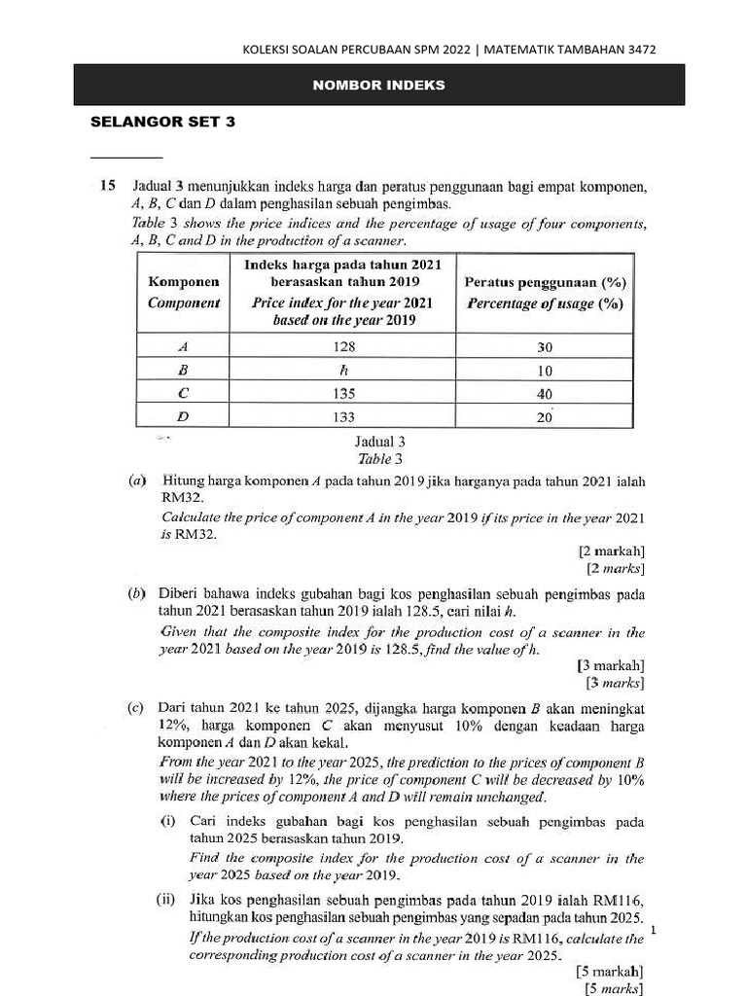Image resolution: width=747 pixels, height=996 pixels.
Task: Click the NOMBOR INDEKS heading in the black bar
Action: click(x=378, y=86)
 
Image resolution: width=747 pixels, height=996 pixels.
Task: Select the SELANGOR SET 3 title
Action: click(x=162, y=123)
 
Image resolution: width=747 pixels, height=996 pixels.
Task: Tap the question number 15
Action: click(x=107, y=184)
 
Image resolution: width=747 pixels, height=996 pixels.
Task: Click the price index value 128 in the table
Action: click(x=342, y=347)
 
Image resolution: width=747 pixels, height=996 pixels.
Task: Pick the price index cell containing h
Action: click(x=342, y=371)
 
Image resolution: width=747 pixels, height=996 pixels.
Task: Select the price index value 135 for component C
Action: click(x=342, y=394)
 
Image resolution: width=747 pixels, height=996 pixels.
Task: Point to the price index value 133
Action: click(x=342, y=416)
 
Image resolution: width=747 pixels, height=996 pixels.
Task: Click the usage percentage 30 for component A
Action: click(x=545, y=347)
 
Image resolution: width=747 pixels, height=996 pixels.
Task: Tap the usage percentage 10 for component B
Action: click(x=545, y=371)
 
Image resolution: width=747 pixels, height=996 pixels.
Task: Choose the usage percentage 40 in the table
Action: click(x=545, y=394)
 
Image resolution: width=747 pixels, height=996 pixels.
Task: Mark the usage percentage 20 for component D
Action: click(x=545, y=417)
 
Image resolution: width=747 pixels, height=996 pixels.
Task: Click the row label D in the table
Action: click(x=183, y=417)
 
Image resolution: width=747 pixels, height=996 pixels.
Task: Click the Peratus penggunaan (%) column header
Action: click(x=545, y=283)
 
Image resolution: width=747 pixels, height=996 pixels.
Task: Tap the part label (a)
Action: click(x=137, y=481)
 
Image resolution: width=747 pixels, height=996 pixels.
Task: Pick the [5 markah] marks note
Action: click(x=610, y=971)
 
